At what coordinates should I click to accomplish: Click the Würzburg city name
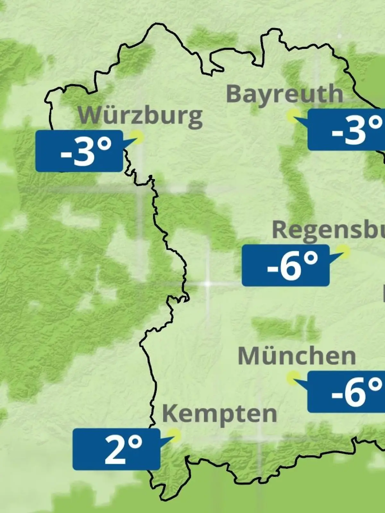(141, 115)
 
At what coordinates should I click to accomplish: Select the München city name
(297, 356)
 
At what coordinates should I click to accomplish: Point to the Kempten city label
(219, 414)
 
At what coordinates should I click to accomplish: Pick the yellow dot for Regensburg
(344, 252)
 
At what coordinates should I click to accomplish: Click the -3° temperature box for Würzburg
(79, 151)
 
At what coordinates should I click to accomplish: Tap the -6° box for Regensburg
(286, 265)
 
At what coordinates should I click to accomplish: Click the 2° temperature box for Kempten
(116, 450)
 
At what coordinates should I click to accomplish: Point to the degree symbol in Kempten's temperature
(136, 443)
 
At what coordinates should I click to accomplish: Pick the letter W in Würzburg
(89, 115)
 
